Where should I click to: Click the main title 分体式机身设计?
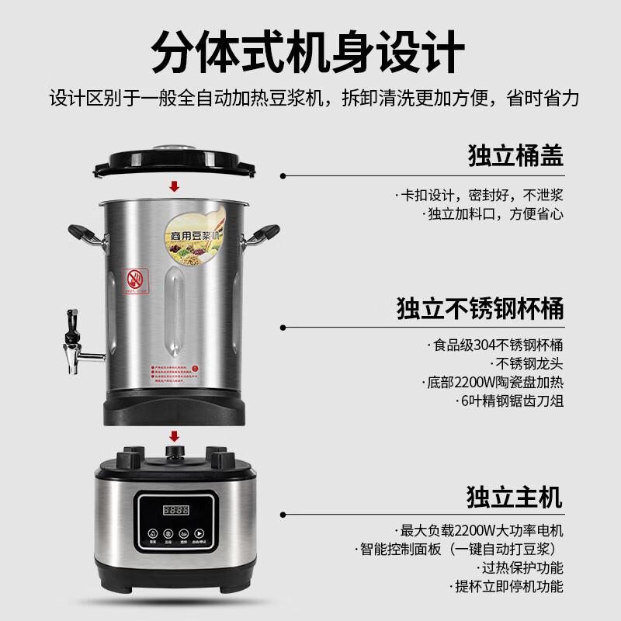pyautogui.click(x=310, y=51)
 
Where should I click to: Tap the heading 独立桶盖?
pyautogui.click(x=515, y=155)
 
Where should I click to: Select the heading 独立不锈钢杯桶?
pyautogui.click(x=480, y=308)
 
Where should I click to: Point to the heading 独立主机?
pyautogui.click(x=515, y=495)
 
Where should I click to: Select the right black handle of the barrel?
pyautogui.click(x=263, y=234)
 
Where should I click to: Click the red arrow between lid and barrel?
pyautogui.click(x=175, y=186)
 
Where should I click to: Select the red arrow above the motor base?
pyautogui.click(x=175, y=436)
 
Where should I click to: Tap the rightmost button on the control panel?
pyautogui.click(x=199, y=534)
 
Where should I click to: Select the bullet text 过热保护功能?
pyautogui.click(x=522, y=568)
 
